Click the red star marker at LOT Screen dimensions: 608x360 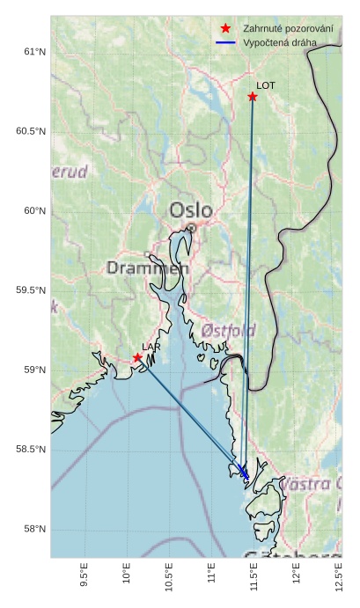pos(253,97)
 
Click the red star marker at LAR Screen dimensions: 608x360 pos(137,357)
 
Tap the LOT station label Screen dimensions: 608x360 pos(266,86)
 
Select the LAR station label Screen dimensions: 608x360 pos(151,348)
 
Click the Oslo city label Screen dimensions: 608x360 pos(191,210)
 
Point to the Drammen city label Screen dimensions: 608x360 pos(148,267)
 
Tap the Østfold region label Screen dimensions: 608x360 pos(229,330)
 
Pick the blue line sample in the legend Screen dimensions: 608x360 pos(226,42)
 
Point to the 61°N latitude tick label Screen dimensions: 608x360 pos(33,52)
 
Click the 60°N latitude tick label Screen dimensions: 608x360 pos(33,211)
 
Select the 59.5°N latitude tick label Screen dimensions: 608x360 pos(30,290)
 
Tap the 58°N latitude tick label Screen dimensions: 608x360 pos(33,529)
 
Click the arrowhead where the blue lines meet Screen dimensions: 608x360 pos(244,473)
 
